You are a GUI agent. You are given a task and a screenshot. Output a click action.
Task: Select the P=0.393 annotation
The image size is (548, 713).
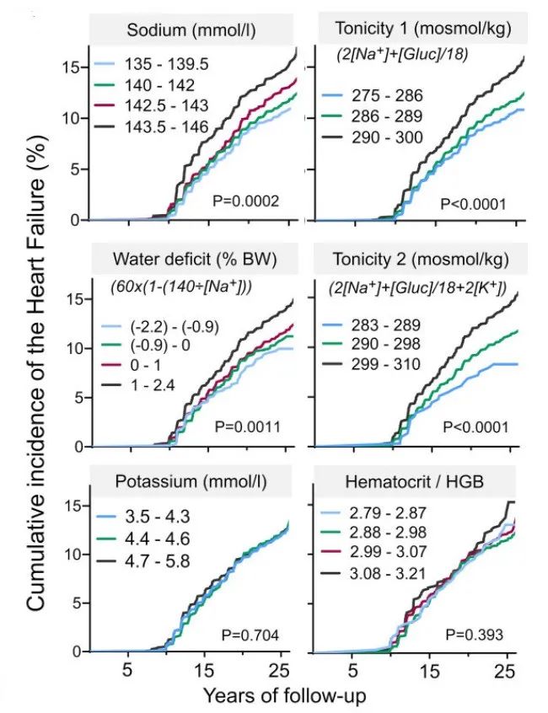(475, 634)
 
